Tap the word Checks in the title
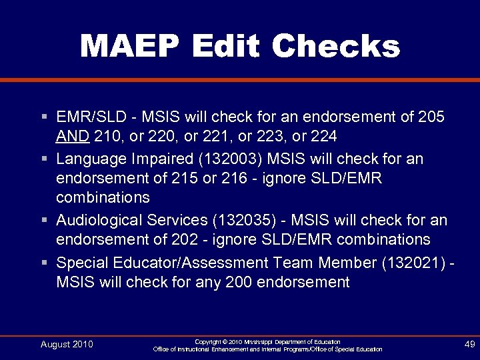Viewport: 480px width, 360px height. point(336,47)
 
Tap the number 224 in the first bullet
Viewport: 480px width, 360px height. point(323,137)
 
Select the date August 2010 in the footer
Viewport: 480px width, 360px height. point(67,344)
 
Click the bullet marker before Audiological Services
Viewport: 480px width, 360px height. point(43,220)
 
